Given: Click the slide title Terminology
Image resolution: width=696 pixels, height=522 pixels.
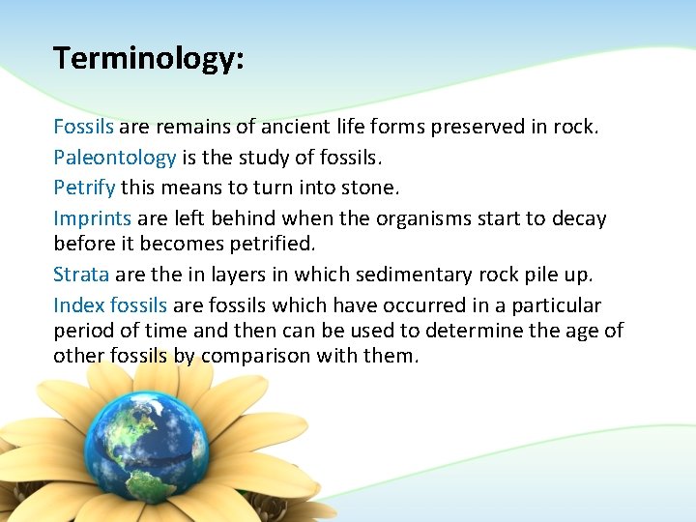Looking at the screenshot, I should (149, 59).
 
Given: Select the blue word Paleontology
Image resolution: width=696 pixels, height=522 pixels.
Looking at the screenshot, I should (114, 157).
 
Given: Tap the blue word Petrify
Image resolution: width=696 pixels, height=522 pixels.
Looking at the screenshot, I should (84, 186).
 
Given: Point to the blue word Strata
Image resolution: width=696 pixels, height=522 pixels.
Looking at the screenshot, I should (81, 275).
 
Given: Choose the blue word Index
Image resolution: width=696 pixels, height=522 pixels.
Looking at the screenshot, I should (78, 305).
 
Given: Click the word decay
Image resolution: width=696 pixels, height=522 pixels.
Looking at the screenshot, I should (578, 218).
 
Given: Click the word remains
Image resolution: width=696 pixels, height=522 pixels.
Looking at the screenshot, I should (183, 127).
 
